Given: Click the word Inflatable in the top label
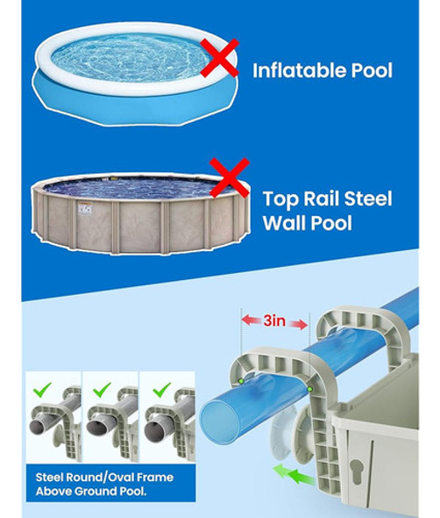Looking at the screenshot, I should click(x=301, y=69).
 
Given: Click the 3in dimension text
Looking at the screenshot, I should click(x=275, y=321).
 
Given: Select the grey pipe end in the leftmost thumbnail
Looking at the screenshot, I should click(x=40, y=425).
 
